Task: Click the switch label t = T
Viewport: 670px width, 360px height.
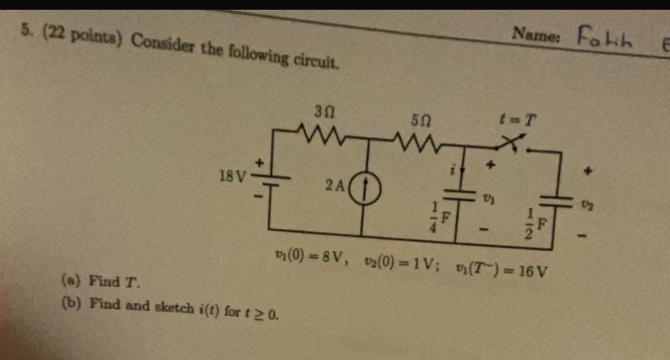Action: click(517, 121)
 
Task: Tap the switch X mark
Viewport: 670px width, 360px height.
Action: click(511, 144)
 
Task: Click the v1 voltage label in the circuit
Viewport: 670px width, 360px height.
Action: click(488, 196)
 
